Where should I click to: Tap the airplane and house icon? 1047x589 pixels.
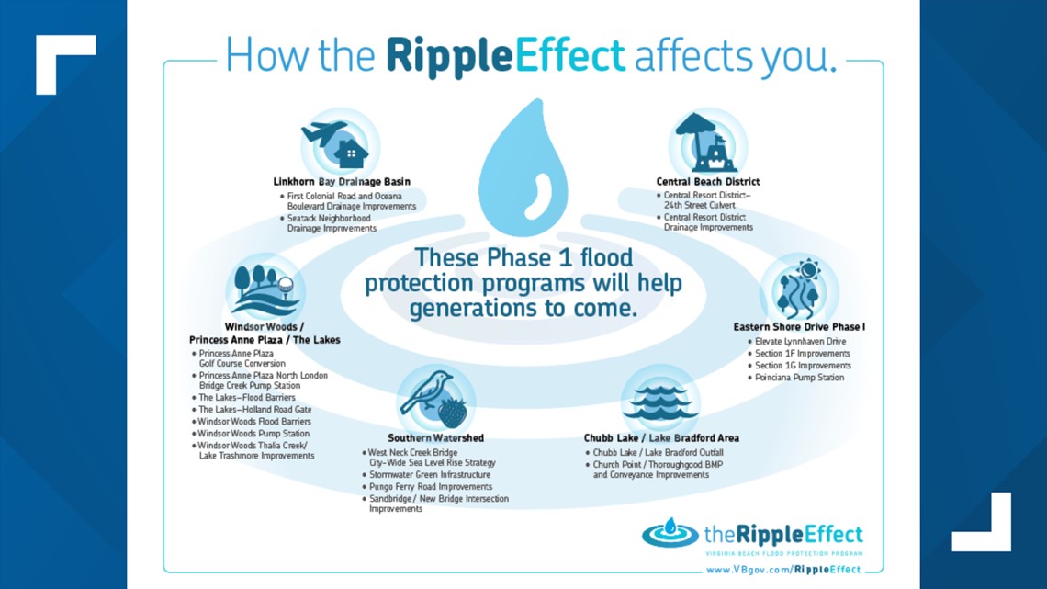coord(337,144)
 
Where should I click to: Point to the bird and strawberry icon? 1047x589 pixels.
coord(434,400)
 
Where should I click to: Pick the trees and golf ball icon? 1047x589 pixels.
coord(263,289)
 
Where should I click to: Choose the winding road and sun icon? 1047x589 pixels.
coord(798,289)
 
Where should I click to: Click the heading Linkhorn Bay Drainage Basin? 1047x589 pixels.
coord(342,182)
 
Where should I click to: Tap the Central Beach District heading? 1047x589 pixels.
coord(708,182)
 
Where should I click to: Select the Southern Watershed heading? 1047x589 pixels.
coord(435,438)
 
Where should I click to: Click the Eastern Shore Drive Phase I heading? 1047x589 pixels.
coord(799,326)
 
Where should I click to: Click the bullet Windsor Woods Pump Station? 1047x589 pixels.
coord(253,434)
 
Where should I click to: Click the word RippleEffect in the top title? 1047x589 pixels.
coord(505,56)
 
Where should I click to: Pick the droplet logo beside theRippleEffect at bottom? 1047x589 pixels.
coord(670,533)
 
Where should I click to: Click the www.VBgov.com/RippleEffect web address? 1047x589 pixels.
coord(783,570)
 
